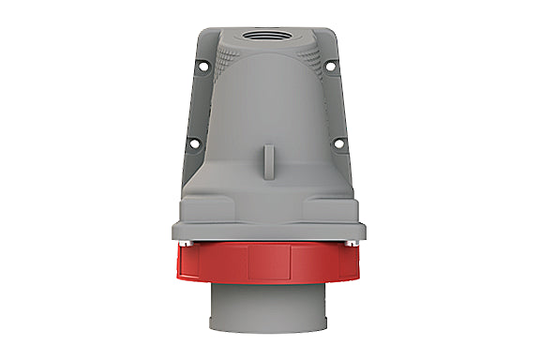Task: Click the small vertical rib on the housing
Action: (270, 154)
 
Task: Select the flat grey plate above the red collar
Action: (270, 231)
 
